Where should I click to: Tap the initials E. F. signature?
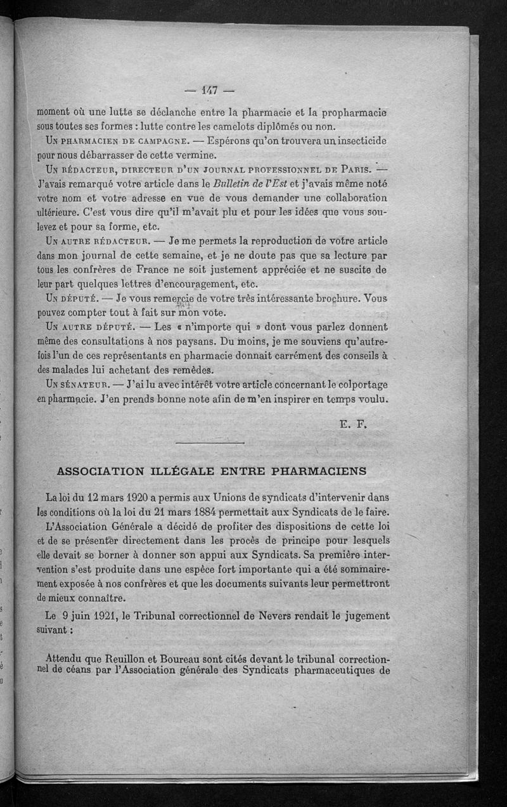click(x=354, y=425)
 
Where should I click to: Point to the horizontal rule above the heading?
click(x=209, y=442)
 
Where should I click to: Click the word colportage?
click(x=359, y=384)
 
